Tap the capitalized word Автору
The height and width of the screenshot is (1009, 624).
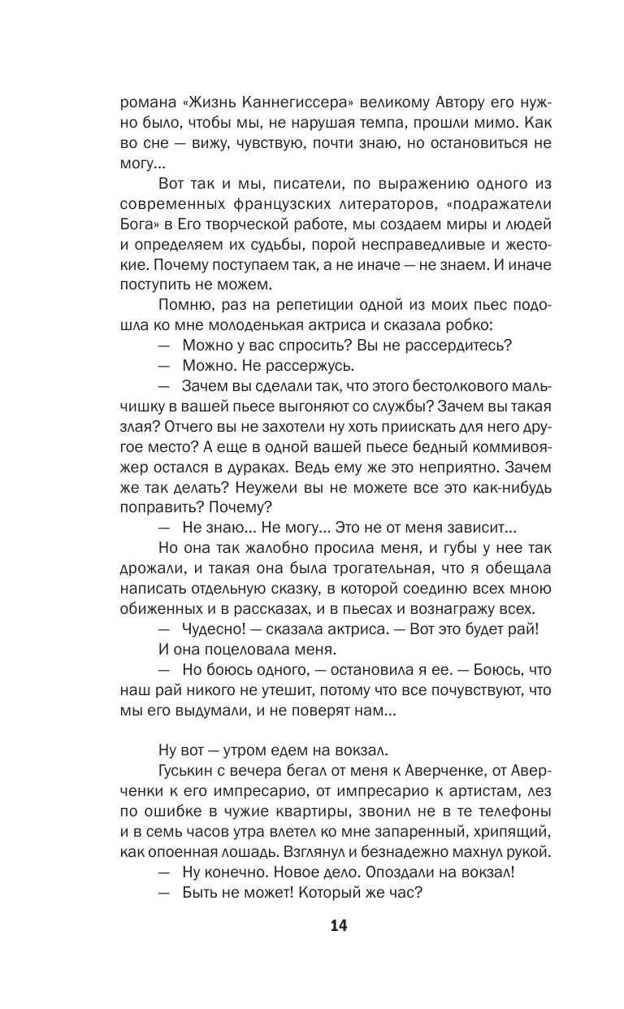(x=444, y=102)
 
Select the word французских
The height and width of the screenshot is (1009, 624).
(x=289, y=207)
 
